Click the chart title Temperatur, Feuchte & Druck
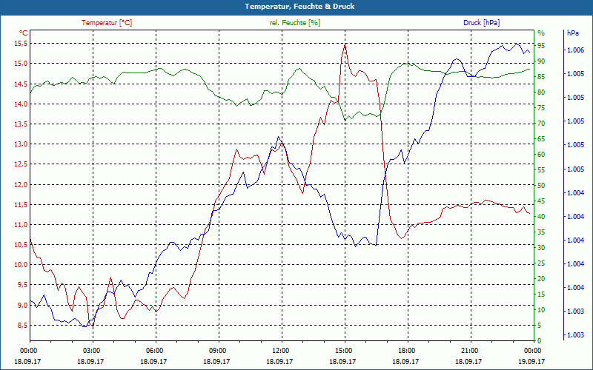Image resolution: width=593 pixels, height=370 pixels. point(296,6)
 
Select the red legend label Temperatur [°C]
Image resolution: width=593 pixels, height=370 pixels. point(107,23)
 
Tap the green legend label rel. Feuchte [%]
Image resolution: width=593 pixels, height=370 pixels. point(295,23)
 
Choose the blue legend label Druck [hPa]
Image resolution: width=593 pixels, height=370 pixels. point(481,23)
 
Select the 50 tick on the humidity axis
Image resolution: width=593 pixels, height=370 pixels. point(541,186)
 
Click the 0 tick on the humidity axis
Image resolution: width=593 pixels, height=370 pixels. point(539,341)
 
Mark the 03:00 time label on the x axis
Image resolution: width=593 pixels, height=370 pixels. point(91,350)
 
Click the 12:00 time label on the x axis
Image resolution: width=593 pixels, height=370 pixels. point(281,350)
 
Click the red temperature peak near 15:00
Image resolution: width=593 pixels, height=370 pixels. point(345,44)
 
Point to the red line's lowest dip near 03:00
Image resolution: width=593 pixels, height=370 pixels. point(91,326)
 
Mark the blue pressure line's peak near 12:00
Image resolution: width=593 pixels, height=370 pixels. point(279,137)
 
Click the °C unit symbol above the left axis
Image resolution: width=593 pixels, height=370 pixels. point(24,33)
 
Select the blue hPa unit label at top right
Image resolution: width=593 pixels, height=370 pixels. point(572,33)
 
